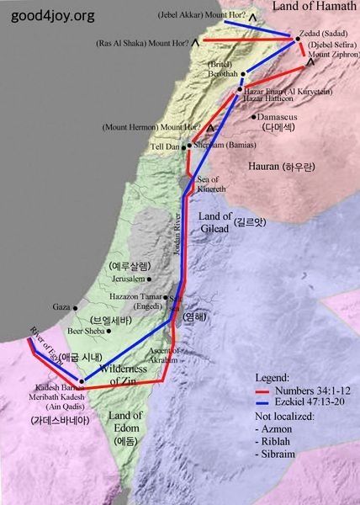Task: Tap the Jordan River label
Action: click(177, 237)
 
